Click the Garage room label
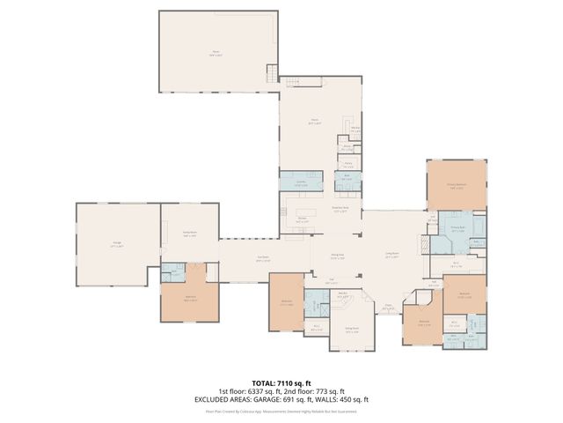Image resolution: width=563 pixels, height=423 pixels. pos(117,245)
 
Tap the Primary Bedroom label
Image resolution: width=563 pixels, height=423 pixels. pos(456,186)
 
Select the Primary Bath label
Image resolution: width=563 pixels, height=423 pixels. pos(458,227)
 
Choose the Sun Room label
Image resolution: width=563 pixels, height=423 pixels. pos(263,260)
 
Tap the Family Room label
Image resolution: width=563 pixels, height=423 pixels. pos(189,234)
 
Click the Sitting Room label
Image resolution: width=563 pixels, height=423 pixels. pos(351,331)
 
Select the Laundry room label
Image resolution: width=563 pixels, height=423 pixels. pos(300,185)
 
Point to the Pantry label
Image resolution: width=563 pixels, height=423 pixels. pos(347,165)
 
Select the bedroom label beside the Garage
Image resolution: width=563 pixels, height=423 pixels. pos(191,300)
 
